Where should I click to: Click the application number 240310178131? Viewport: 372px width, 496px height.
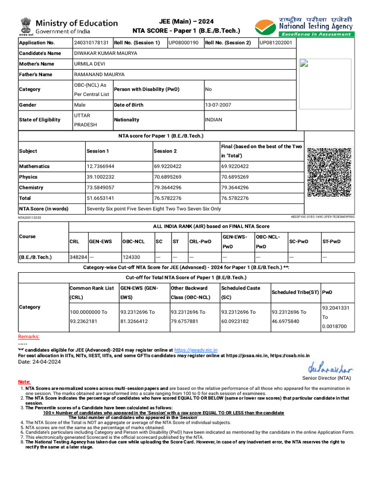point(91,43)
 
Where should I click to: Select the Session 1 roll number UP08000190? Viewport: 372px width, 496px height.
point(183,43)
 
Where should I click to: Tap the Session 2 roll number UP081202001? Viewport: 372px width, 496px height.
point(276,43)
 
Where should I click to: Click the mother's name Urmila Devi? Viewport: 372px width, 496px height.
point(88,64)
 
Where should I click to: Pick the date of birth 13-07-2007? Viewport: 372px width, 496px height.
point(218,105)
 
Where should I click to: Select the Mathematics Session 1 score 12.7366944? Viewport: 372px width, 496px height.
point(100,166)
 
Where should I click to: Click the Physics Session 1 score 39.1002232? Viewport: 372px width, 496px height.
point(100,177)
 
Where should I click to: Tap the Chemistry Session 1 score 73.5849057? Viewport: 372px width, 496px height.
point(100,187)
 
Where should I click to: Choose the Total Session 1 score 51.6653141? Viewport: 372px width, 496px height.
point(100,198)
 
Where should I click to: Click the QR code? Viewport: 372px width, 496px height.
point(329,172)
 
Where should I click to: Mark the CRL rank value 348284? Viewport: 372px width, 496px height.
point(78,257)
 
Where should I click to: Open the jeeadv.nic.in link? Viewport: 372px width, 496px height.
point(196,350)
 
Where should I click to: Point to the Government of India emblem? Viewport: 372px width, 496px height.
point(25,26)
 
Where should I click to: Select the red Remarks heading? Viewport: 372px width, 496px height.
point(29,337)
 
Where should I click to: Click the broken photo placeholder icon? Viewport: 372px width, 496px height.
point(304,63)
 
